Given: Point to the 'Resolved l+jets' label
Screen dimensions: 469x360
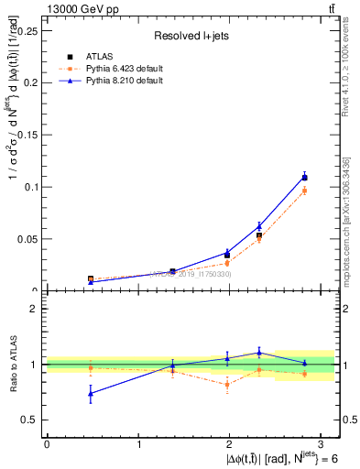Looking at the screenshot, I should tap(191, 36).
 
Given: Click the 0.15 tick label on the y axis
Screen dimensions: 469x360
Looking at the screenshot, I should tap(27, 134).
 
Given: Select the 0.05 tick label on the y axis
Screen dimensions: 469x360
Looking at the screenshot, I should tap(27, 239).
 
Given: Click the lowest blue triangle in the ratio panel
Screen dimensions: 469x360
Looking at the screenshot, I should tap(90, 393).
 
